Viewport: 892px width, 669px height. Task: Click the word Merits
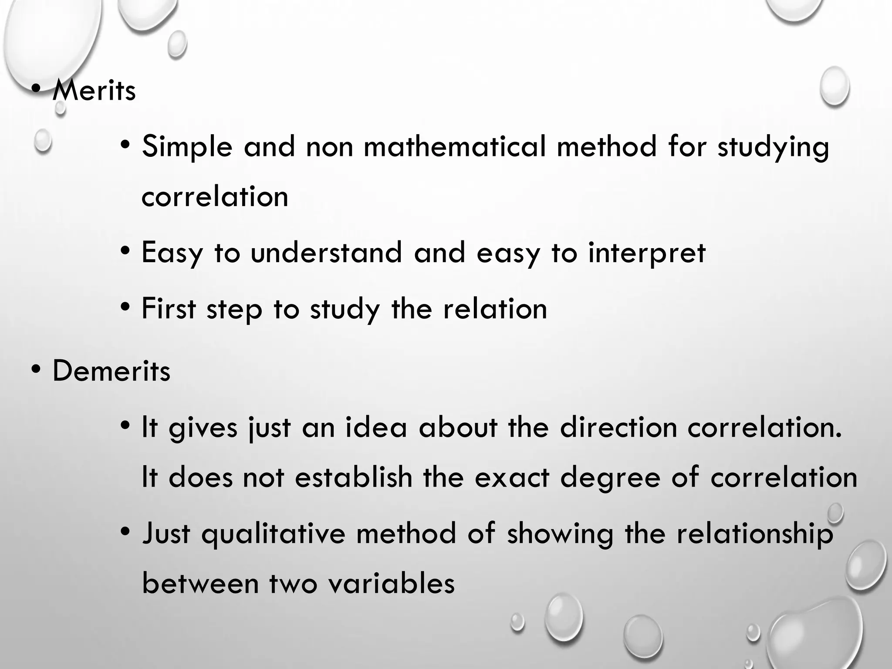[94, 91]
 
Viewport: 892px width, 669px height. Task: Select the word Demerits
[111, 371]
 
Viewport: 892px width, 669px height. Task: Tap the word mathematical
[455, 146]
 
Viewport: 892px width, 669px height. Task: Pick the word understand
[326, 253]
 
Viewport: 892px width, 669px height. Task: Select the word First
[169, 308]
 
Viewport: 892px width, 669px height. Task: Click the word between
[200, 583]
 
